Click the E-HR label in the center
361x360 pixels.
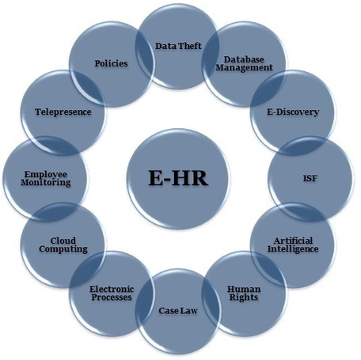point(178,178)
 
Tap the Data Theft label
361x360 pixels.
point(178,46)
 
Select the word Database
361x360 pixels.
point(244,59)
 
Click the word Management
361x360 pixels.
point(244,68)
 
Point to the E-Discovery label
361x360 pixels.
point(293,112)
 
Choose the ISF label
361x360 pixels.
point(310,179)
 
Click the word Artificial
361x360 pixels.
point(293,241)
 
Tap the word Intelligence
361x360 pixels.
point(293,249)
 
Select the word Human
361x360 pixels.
point(244,290)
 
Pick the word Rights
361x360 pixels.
point(244,297)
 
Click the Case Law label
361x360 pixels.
point(178,311)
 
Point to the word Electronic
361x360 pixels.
point(112,290)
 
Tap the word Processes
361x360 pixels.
point(112,297)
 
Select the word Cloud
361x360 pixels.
point(63,241)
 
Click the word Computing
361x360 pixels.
point(63,249)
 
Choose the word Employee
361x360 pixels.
point(46,174)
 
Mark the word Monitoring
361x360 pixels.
point(46,183)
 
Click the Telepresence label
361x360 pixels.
point(63,112)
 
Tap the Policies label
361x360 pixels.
point(111,63)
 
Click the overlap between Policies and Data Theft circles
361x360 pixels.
point(145,56)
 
